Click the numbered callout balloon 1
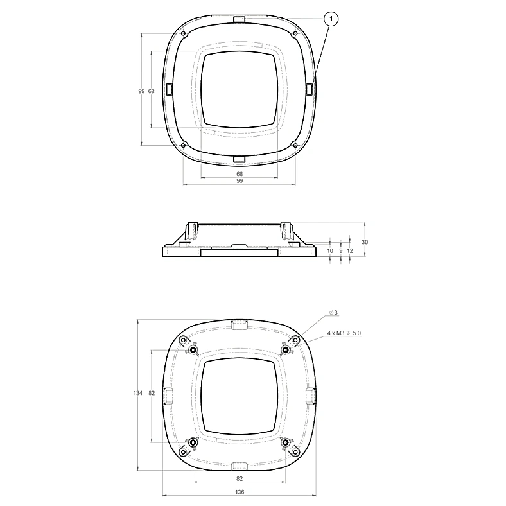tap(331, 19)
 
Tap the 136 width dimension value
tap(240, 492)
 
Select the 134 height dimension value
tap(138, 393)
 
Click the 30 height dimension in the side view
tap(365, 242)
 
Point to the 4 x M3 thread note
tap(344, 333)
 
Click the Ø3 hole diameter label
tap(333, 313)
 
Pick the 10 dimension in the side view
tap(330, 250)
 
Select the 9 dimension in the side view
tap(341, 250)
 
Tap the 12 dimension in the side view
tap(350, 250)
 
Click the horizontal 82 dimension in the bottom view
tap(240, 479)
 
